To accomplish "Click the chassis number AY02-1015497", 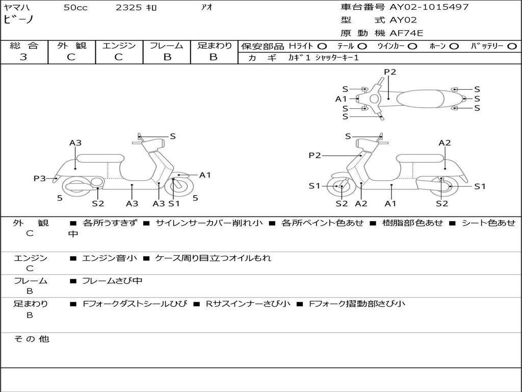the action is click(x=429, y=7).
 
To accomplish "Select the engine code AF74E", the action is click(x=406, y=33).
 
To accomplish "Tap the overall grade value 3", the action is click(x=23, y=57).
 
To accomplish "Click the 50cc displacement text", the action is click(x=75, y=8).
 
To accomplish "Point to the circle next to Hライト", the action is click(x=322, y=46).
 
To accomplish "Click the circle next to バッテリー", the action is click(x=512, y=46).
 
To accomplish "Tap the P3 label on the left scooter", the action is click(x=39, y=179).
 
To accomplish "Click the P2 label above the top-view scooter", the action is click(x=390, y=71).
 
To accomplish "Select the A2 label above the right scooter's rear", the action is click(x=445, y=143).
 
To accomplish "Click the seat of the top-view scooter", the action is click(x=420, y=99).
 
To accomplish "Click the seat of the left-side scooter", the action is click(x=100, y=158).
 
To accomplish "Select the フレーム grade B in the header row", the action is click(x=167, y=57).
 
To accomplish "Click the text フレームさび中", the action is click(x=112, y=281).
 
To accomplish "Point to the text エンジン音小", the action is click(x=109, y=258).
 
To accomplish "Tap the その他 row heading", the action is click(x=31, y=339).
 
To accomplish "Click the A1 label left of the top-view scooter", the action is click(x=341, y=99).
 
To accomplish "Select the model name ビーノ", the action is click(x=19, y=19).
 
